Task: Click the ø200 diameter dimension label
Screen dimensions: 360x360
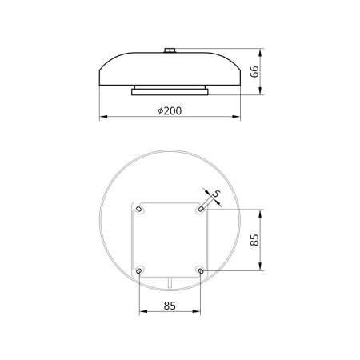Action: (x=170, y=111)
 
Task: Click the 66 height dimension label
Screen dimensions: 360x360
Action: (x=254, y=71)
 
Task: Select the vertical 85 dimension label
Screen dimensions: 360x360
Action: (x=254, y=240)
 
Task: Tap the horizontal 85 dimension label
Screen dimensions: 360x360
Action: (x=170, y=306)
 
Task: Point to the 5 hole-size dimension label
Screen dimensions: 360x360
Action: (x=218, y=193)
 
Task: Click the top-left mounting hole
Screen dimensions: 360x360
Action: (x=138, y=209)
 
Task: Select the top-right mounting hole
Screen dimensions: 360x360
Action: (x=201, y=209)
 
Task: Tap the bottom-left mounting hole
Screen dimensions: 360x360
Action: (x=138, y=271)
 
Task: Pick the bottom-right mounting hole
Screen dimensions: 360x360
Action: (x=201, y=271)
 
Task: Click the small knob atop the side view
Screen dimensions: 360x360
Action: (x=170, y=50)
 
